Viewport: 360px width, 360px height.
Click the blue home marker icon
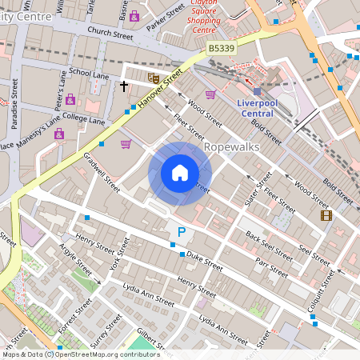(180, 173)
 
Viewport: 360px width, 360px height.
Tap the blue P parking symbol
(182, 233)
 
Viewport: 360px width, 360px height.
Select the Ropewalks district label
(232, 148)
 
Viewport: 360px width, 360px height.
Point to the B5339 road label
(222, 50)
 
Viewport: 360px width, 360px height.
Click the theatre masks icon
(153, 78)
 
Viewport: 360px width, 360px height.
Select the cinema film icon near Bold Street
(326, 214)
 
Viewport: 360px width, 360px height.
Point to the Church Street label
(110, 34)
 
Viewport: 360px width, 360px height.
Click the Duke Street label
(205, 260)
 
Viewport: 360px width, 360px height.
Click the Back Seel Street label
(269, 245)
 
